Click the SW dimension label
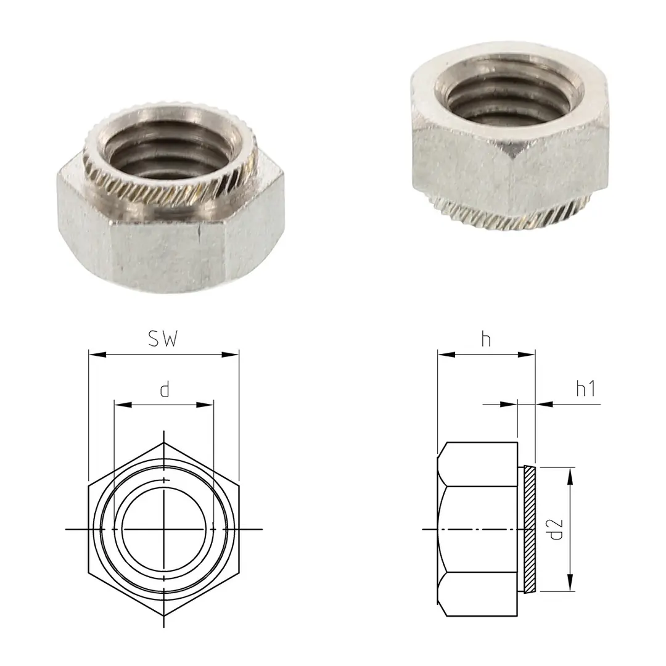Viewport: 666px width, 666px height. (163, 339)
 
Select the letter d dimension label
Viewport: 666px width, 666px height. (164, 390)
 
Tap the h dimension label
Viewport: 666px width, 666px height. (486, 339)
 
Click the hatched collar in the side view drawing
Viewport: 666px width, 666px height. (528, 528)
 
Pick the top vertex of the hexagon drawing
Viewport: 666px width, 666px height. (164, 443)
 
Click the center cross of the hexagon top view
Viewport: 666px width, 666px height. (164, 529)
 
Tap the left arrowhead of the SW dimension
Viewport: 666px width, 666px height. (94, 355)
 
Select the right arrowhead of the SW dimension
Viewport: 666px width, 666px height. (234, 355)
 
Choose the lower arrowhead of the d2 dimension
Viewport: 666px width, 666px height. (570, 585)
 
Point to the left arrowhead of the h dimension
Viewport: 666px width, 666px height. (443, 355)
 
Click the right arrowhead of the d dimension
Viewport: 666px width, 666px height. (209, 405)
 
